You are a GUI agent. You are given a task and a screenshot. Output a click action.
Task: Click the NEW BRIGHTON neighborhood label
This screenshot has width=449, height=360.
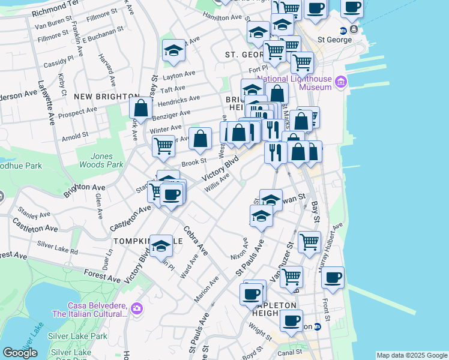[x=98, y=97]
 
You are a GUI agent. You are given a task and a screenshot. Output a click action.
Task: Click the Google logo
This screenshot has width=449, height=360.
[x=20, y=353]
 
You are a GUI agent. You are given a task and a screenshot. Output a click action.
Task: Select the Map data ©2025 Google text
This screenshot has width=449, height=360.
[x=412, y=355]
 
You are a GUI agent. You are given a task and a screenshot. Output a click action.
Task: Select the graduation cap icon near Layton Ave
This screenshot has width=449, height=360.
[x=173, y=50]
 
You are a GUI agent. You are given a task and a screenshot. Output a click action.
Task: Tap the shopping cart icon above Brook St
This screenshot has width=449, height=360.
[x=163, y=146]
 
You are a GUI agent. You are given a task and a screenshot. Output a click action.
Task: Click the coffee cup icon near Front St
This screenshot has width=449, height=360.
[x=333, y=277]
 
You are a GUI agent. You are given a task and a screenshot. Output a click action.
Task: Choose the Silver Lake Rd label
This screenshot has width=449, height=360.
[x=58, y=247]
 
